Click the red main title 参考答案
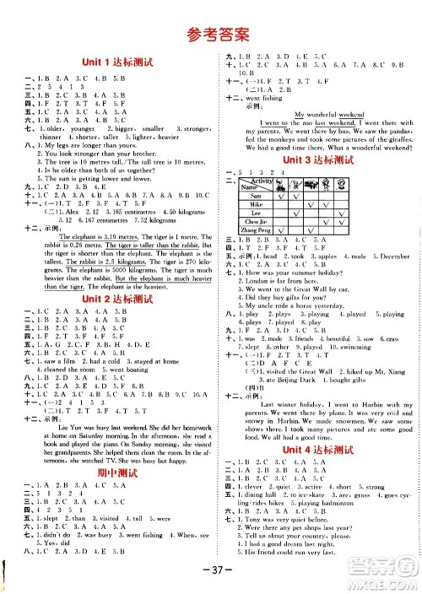[211, 34]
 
